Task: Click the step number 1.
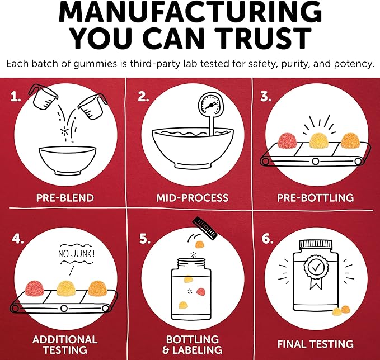pyautogui.click(x=16, y=97)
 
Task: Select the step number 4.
pyautogui.click(x=18, y=239)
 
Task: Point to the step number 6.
pyautogui.click(x=268, y=239)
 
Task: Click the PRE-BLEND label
pyautogui.click(x=65, y=198)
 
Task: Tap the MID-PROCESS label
pyautogui.click(x=192, y=198)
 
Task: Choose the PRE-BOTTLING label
pyautogui.click(x=315, y=198)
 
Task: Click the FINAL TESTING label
pyautogui.click(x=315, y=344)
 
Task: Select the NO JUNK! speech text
pyautogui.click(x=76, y=254)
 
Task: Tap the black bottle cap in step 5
pyautogui.click(x=205, y=228)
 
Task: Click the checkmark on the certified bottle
pyautogui.click(x=316, y=268)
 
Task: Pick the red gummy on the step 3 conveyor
pyautogui.click(x=288, y=141)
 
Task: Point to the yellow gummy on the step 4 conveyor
pyautogui.click(x=66, y=288)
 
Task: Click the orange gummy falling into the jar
pyautogui.click(x=200, y=244)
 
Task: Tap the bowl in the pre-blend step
pyautogui.click(x=68, y=160)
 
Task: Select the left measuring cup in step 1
pyautogui.click(x=43, y=96)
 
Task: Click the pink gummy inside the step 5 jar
pyautogui.click(x=201, y=292)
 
